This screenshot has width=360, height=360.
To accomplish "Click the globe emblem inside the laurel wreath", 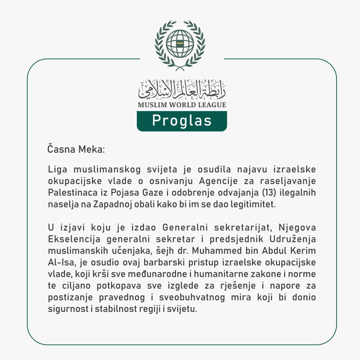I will [180, 44].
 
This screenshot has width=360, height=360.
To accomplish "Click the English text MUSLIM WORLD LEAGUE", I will [182, 105].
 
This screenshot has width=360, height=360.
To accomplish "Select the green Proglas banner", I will [182, 121].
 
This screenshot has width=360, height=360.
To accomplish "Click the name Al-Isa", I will [59, 263].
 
